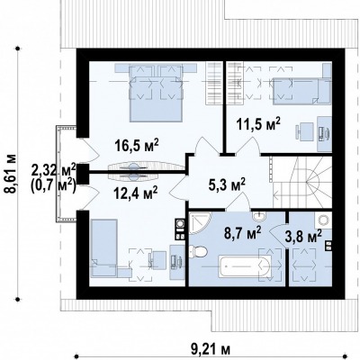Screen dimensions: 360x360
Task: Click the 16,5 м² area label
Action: (x=137, y=146)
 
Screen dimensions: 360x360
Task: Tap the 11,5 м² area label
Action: (x=258, y=124)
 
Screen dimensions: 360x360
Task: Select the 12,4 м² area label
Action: (x=136, y=193)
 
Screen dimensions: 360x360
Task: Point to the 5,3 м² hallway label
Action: (x=227, y=185)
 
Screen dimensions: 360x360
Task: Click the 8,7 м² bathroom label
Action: (x=243, y=232)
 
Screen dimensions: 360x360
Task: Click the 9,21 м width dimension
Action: (x=211, y=349)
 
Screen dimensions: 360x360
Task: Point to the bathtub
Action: (x=246, y=266)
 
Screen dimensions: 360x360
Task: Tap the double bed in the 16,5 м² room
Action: (x=156, y=97)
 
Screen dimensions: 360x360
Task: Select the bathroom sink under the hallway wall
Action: (x=258, y=216)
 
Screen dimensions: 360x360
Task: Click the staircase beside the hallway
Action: (x=301, y=182)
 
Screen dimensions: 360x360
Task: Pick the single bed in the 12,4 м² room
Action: (x=104, y=247)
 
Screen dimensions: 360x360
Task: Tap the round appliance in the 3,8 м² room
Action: (x=323, y=221)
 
